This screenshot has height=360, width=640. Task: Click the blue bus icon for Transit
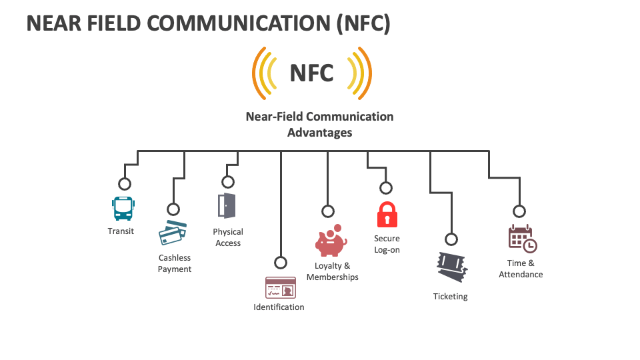click(x=123, y=209)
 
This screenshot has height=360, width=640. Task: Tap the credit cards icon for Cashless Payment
click(x=173, y=233)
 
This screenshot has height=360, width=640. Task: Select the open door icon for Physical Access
click(x=227, y=205)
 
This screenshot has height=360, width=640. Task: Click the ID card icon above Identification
click(x=280, y=287)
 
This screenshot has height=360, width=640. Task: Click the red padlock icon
click(x=387, y=215)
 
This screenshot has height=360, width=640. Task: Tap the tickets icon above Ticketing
click(x=451, y=267)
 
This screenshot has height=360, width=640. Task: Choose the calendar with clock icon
click(x=522, y=239)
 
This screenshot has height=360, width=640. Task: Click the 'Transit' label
click(x=121, y=231)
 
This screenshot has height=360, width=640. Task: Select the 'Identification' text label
click(x=279, y=307)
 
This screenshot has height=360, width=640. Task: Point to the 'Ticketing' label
click(x=451, y=297)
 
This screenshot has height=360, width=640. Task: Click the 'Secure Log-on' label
click(x=387, y=244)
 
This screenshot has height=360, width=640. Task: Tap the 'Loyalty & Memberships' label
click(x=333, y=271)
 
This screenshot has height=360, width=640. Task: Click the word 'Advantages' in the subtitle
click(x=319, y=133)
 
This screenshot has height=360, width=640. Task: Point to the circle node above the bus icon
click(x=124, y=184)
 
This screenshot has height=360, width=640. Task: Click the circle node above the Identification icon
click(x=281, y=263)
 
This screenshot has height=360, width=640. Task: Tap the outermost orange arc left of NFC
click(x=256, y=73)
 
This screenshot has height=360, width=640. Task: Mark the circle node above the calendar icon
click(x=519, y=211)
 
